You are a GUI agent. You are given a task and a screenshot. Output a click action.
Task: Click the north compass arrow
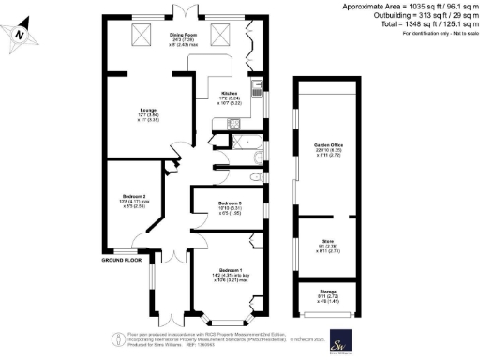[20, 36]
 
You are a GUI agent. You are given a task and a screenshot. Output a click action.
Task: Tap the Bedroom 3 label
[231, 206]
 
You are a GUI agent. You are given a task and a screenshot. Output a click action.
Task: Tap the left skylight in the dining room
[144, 37]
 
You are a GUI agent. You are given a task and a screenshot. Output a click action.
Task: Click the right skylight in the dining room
[223, 37]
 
